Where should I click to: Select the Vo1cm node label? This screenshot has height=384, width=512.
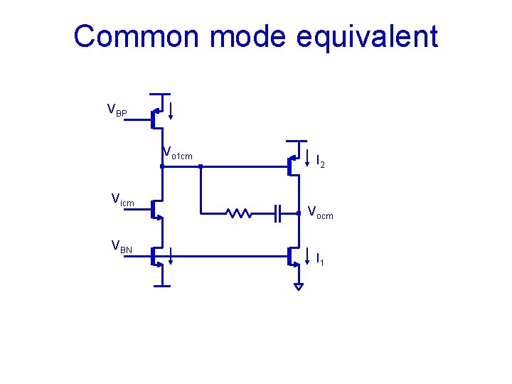[177, 153]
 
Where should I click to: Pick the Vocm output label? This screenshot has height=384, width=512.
[319, 213]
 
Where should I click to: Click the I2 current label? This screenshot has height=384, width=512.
[321, 163]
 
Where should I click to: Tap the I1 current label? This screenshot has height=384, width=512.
[320, 260]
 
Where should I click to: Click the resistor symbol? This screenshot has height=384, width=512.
[237, 212]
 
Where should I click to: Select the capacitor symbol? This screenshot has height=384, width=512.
[278, 212]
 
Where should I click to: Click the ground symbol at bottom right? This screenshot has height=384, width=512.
[299, 286]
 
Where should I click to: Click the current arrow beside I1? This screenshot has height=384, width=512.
[307, 254]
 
